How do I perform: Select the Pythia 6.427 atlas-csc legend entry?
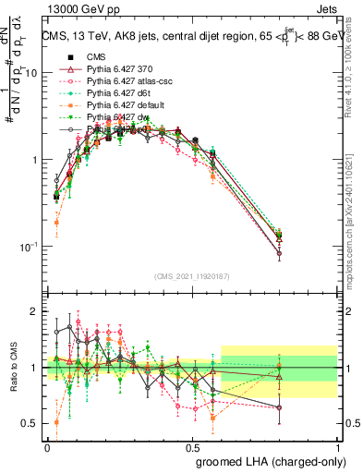pos(124,81)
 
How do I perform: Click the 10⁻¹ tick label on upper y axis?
pos(30,248)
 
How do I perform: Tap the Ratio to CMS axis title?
pos(12,368)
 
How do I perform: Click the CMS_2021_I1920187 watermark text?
pos(191,275)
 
